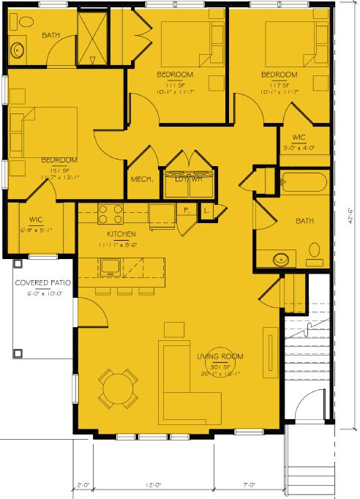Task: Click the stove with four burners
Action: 109,214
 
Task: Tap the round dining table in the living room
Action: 118,389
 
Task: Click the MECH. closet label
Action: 141,179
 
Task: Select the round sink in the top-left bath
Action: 19,50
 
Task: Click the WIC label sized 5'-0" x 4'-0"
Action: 299,137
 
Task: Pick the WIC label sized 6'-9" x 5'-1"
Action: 37,219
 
